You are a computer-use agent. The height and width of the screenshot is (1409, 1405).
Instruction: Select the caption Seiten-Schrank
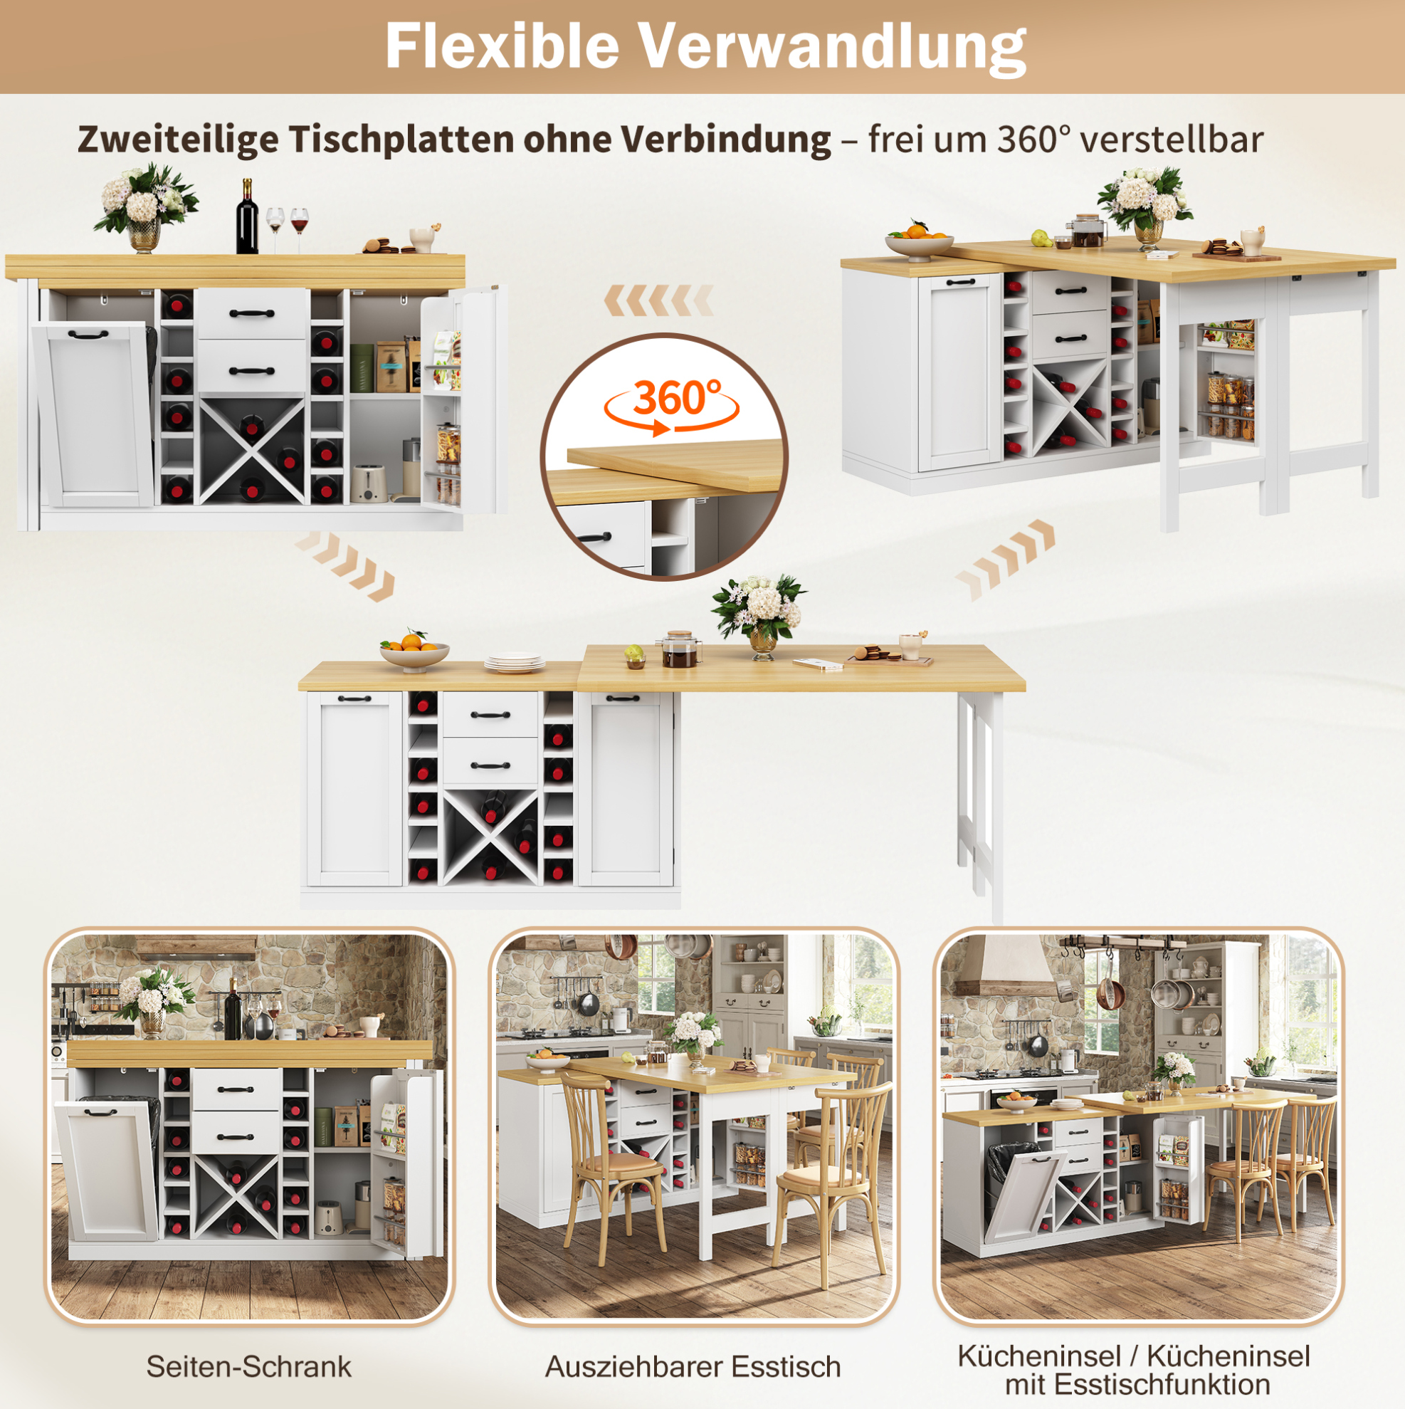pyautogui.click(x=248, y=1366)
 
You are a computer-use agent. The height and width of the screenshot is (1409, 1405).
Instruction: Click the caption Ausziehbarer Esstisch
pyautogui.click(x=693, y=1366)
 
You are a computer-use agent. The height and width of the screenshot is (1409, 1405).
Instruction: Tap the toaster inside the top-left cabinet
pyautogui.click(x=369, y=483)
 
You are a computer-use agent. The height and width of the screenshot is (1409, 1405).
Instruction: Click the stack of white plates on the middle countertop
pyautogui.click(x=514, y=662)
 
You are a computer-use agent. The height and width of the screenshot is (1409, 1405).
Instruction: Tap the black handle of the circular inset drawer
pyautogui.click(x=595, y=538)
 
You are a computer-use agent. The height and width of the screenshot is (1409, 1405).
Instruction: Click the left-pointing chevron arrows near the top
pyautogui.click(x=658, y=300)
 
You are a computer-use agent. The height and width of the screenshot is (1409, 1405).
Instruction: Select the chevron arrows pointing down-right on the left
pyautogui.click(x=345, y=566)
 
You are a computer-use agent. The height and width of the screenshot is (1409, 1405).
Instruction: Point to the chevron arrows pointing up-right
pyautogui.click(x=1005, y=560)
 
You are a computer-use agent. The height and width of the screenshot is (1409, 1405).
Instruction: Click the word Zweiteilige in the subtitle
pyautogui.click(x=177, y=139)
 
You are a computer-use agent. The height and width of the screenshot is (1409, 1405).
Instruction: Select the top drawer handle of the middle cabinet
pyautogui.click(x=490, y=715)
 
